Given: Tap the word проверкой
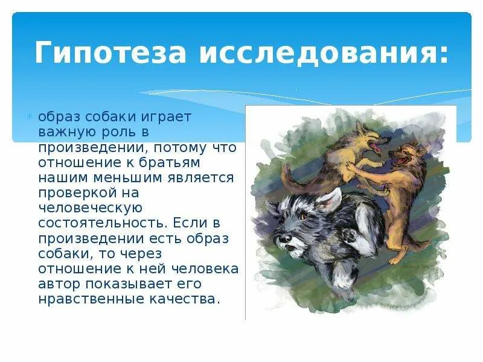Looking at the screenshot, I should tap(72, 192).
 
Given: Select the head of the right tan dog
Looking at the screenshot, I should tap(401, 157).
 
